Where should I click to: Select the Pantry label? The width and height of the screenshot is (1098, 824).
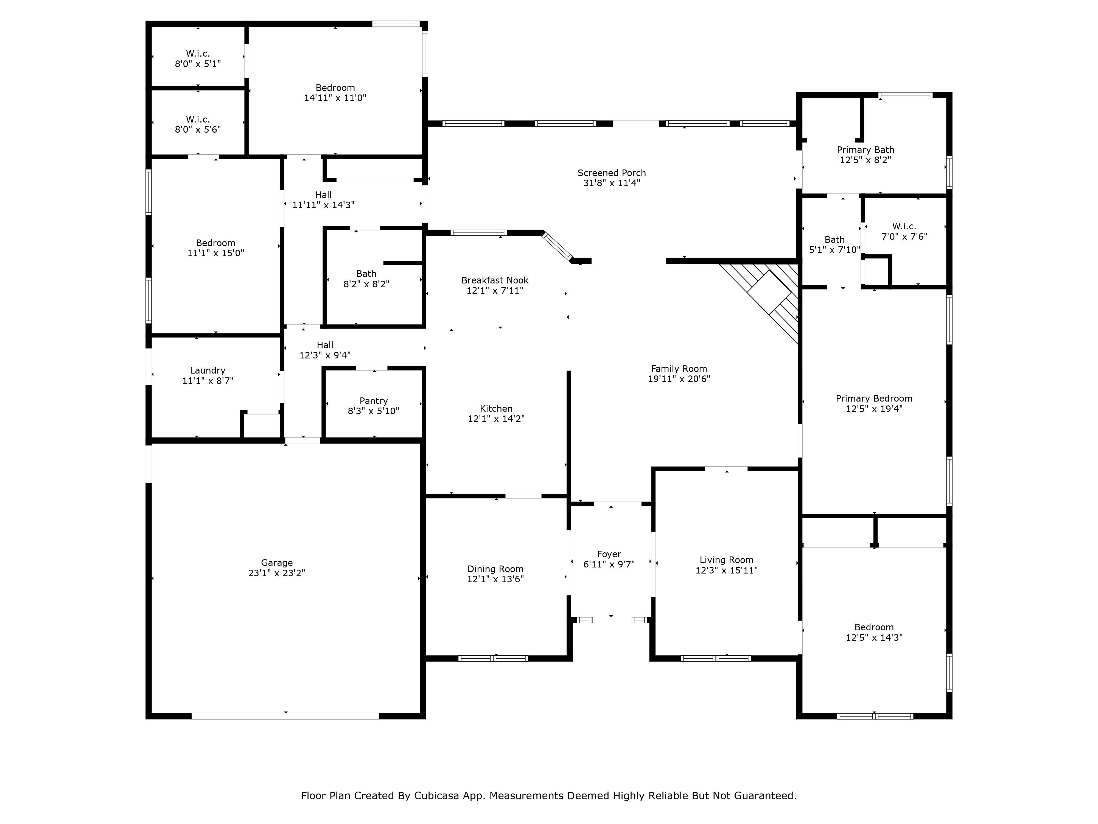coord(374,401)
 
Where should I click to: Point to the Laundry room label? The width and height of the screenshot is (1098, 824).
coord(208,371)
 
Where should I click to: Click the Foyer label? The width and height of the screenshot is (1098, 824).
coord(609,554)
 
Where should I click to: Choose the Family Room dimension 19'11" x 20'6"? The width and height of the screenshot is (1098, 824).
coord(679,379)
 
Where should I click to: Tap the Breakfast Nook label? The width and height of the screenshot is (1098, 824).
coord(495,280)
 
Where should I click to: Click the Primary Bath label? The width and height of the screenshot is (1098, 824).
coord(866,150)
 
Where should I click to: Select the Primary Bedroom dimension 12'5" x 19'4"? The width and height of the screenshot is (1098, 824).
coord(874,409)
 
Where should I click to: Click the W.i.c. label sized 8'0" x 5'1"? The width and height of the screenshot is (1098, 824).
coord(198,54)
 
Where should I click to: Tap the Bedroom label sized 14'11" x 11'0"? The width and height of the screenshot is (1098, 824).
coord(335,88)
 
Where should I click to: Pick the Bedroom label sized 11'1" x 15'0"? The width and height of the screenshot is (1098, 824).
coord(215,243)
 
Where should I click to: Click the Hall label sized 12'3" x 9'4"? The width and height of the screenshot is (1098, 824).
coord(325,345)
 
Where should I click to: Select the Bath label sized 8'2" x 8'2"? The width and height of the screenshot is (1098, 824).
coord(366,274)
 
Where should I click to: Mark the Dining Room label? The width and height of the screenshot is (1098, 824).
coord(495,569)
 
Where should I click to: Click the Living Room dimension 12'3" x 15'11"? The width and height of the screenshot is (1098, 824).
coord(727,570)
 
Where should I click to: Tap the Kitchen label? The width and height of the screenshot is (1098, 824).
coord(496,409)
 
